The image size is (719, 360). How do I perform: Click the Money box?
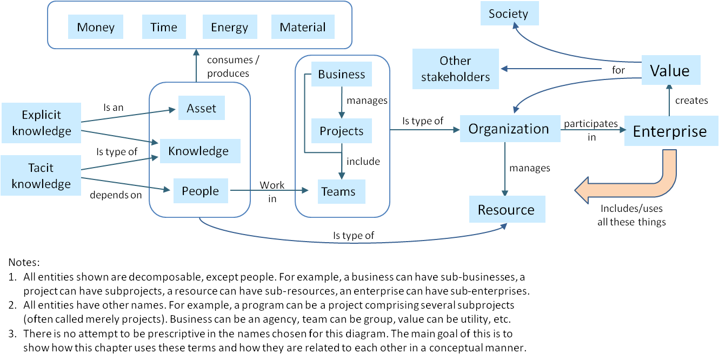tap(96, 27)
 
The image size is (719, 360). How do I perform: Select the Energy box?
tap(229, 27)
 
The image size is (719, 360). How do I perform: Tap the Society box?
tap(508, 14)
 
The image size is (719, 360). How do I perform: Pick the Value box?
tap(670, 70)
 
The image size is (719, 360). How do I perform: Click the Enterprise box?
tap(669, 131)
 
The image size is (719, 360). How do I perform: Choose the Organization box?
tap(508, 129)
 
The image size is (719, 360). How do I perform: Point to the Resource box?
tap(506, 210)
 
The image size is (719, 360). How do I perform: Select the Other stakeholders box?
tap(455, 69)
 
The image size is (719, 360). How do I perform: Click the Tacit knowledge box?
tap(41, 176)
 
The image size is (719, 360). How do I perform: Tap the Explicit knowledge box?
tap(41, 123)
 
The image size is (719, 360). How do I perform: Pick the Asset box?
tap(201, 109)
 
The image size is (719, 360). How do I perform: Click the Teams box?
tap(338, 191)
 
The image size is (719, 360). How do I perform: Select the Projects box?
tap(341, 131)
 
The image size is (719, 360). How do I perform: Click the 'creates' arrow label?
tap(691, 101)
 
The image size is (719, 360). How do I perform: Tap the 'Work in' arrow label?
tap(272, 191)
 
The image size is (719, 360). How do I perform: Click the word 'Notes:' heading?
tap(24, 263)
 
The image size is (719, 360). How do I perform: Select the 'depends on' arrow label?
tap(115, 195)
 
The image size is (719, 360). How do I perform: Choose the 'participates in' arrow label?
tap(591, 130)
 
